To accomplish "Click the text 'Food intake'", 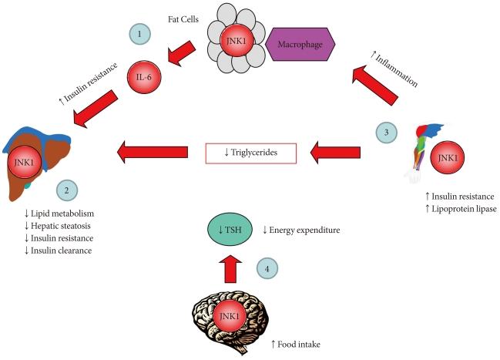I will (299, 343).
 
